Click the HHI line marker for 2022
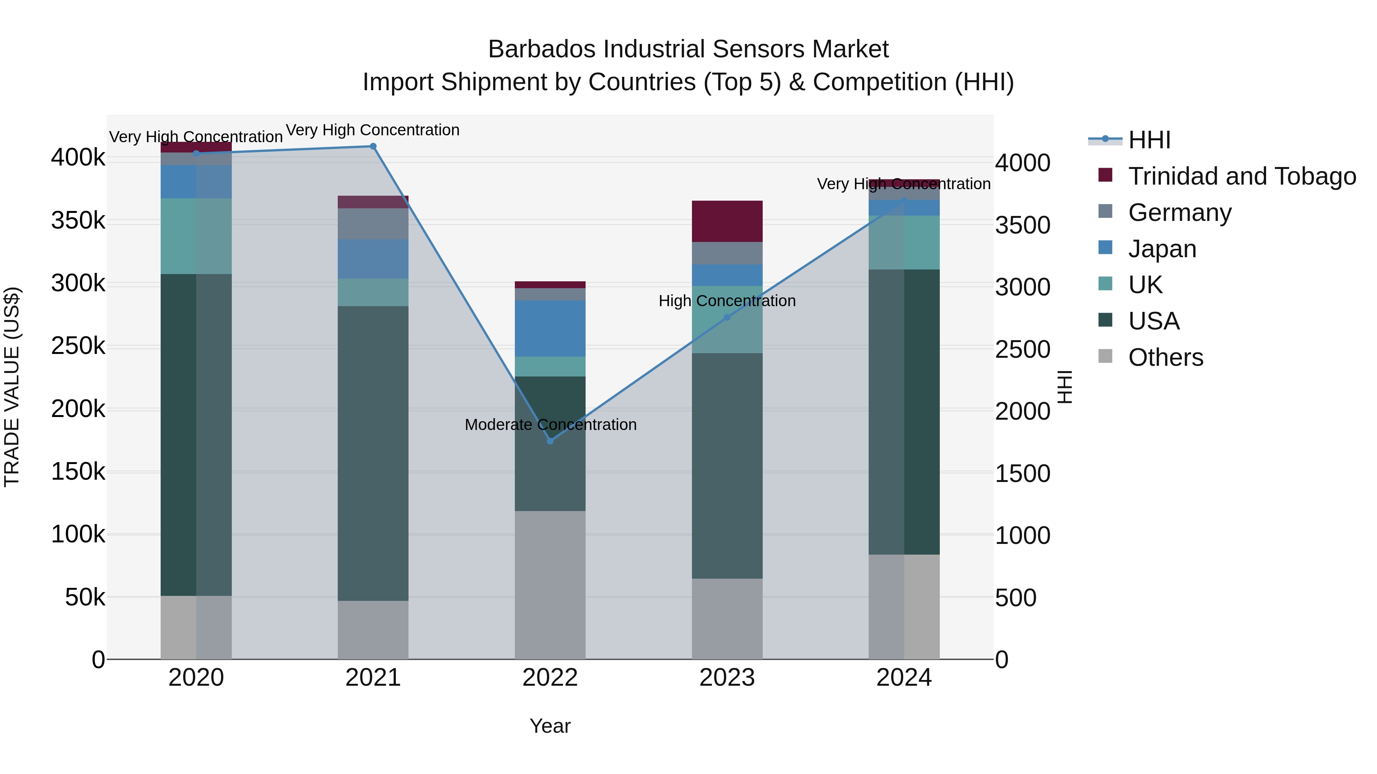pyautogui.click(x=550, y=441)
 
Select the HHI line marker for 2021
pyautogui.click(x=373, y=146)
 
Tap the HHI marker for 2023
pyautogui.click(x=727, y=317)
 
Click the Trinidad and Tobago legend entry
pyautogui.click(x=1241, y=176)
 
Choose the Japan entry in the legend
pyautogui.click(x=1162, y=249)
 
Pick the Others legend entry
pyautogui.click(x=1165, y=357)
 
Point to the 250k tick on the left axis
pyautogui.click(x=78, y=346)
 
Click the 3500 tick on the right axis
pyautogui.click(x=1022, y=225)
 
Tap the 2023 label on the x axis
pyautogui.click(x=727, y=678)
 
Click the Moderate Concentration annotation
pyautogui.click(x=550, y=425)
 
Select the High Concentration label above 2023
pyautogui.click(x=727, y=301)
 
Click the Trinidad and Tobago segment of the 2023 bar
pyautogui.click(x=727, y=221)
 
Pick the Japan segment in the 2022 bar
pyautogui.click(x=550, y=328)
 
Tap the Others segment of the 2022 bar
pyautogui.click(x=550, y=585)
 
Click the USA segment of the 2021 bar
pyautogui.click(x=373, y=453)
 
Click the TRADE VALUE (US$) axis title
pyautogui.click(x=12, y=387)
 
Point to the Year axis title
pyautogui.click(x=550, y=726)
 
